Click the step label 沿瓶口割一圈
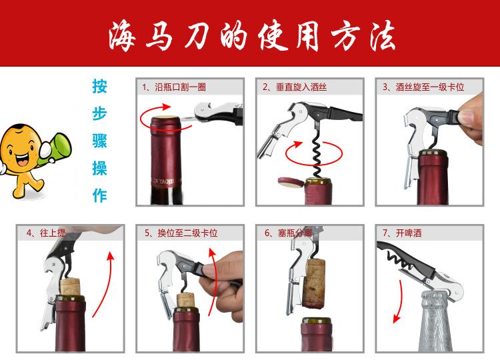[180, 87]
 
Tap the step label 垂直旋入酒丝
[301, 87]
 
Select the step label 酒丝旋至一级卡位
[430, 87]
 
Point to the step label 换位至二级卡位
[187, 233]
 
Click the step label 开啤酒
[409, 233]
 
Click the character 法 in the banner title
[383, 36]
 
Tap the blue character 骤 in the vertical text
[99, 141]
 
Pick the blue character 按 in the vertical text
[99, 87]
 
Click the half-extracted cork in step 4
[70, 287]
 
